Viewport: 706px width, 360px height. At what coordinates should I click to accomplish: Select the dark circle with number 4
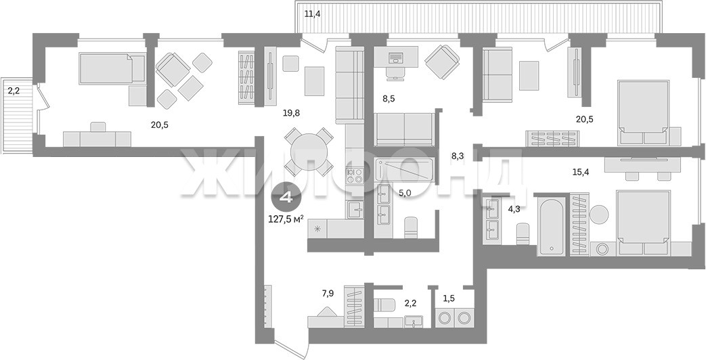pos(285,198)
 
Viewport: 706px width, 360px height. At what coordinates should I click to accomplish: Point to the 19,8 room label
pos(291,114)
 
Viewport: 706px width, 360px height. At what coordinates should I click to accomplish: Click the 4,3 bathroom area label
pos(514,208)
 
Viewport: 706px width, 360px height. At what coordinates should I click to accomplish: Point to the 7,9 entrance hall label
pos(328,294)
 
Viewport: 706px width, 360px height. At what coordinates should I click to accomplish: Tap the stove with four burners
pos(354,175)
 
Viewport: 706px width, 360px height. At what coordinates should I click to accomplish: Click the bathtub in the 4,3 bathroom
pos(551,227)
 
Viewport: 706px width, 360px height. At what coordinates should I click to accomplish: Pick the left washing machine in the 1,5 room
pos(446,317)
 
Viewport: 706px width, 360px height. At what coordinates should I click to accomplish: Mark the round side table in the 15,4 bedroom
pos(599,215)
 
